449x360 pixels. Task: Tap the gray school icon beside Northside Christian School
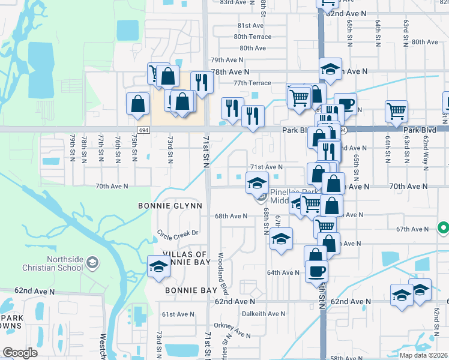coord(92,263)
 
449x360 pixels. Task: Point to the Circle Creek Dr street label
coord(178,236)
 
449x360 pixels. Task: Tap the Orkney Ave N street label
coord(234,331)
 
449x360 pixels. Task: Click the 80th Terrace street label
coord(253,37)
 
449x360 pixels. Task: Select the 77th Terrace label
coord(253,83)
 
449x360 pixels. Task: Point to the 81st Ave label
coord(250,26)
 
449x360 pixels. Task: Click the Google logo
coord(19,352)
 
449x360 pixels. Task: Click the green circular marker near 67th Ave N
coord(443,228)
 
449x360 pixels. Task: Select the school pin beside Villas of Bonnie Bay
coord(158,267)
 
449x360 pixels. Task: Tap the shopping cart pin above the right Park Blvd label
coord(396,111)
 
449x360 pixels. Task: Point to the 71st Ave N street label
coord(266,167)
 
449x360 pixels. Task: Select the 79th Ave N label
coord(226,60)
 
